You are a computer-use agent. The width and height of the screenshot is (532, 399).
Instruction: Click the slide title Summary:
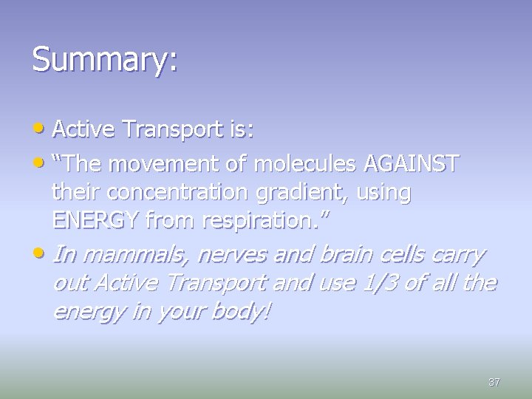[104, 60]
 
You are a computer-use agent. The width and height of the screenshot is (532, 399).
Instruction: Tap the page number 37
[494, 383]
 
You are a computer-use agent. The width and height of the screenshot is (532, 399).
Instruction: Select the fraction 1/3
[380, 284]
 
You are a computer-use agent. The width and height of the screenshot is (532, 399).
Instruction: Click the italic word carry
[457, 255]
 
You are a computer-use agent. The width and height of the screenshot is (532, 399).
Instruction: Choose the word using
[383, 192]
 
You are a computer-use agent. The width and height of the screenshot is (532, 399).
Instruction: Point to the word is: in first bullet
[241, 131]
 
